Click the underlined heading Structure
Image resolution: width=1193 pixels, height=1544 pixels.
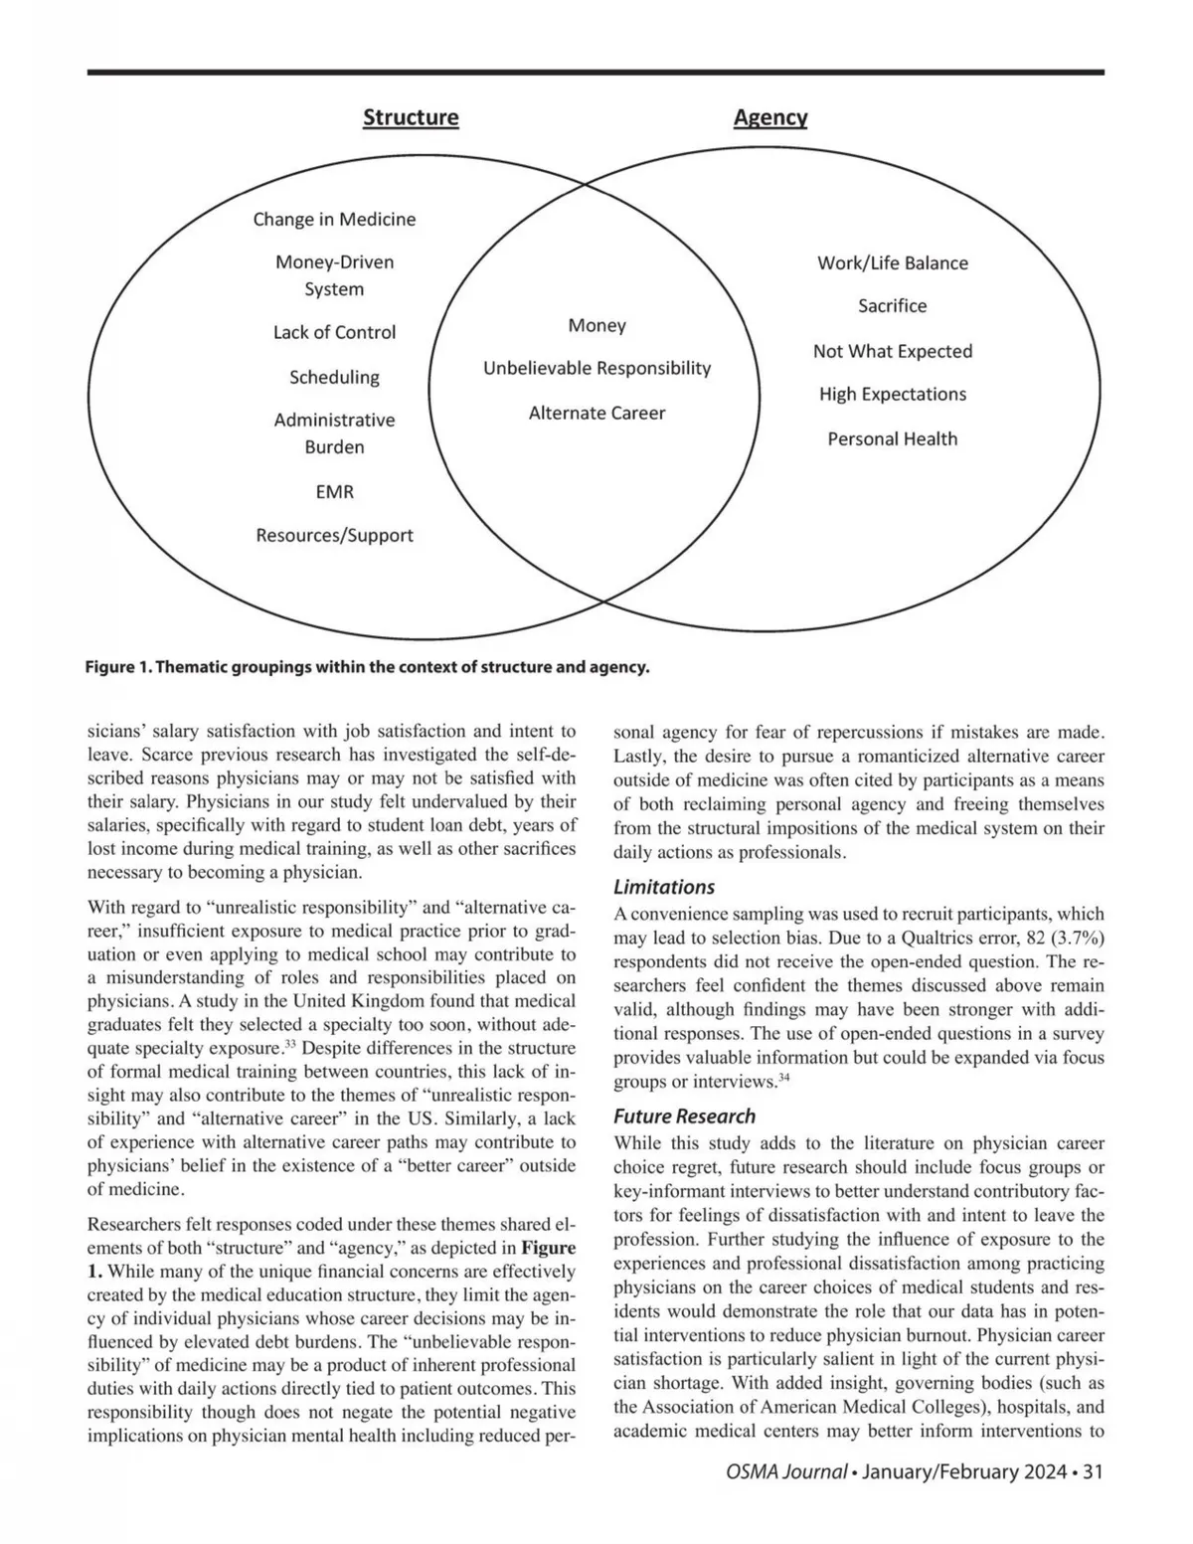411,117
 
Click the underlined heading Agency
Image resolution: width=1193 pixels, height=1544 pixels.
770,117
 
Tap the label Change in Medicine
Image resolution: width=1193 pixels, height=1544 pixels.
334,219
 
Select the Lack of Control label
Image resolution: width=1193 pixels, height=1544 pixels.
334,332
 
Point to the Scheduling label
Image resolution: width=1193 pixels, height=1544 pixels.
334,377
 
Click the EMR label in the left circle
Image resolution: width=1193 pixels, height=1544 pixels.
334,491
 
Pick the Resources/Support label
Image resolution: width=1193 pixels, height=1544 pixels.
334,535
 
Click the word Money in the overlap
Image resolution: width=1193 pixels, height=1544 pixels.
596,325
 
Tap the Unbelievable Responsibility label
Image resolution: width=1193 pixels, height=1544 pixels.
596,368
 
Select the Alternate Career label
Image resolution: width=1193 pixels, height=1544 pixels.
596,413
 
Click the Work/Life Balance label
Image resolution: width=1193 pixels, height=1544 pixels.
892,262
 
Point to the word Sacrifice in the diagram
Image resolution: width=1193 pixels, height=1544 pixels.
892,306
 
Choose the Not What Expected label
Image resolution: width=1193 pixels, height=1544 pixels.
892,351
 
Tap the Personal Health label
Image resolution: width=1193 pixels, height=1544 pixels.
892,438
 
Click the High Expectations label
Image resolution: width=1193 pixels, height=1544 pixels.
892,394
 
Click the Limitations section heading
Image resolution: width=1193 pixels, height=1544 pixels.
664,887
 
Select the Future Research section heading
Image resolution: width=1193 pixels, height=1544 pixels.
684,1115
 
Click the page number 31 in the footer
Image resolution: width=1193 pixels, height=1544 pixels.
1093,1472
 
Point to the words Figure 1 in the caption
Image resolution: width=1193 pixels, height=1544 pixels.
117,666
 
